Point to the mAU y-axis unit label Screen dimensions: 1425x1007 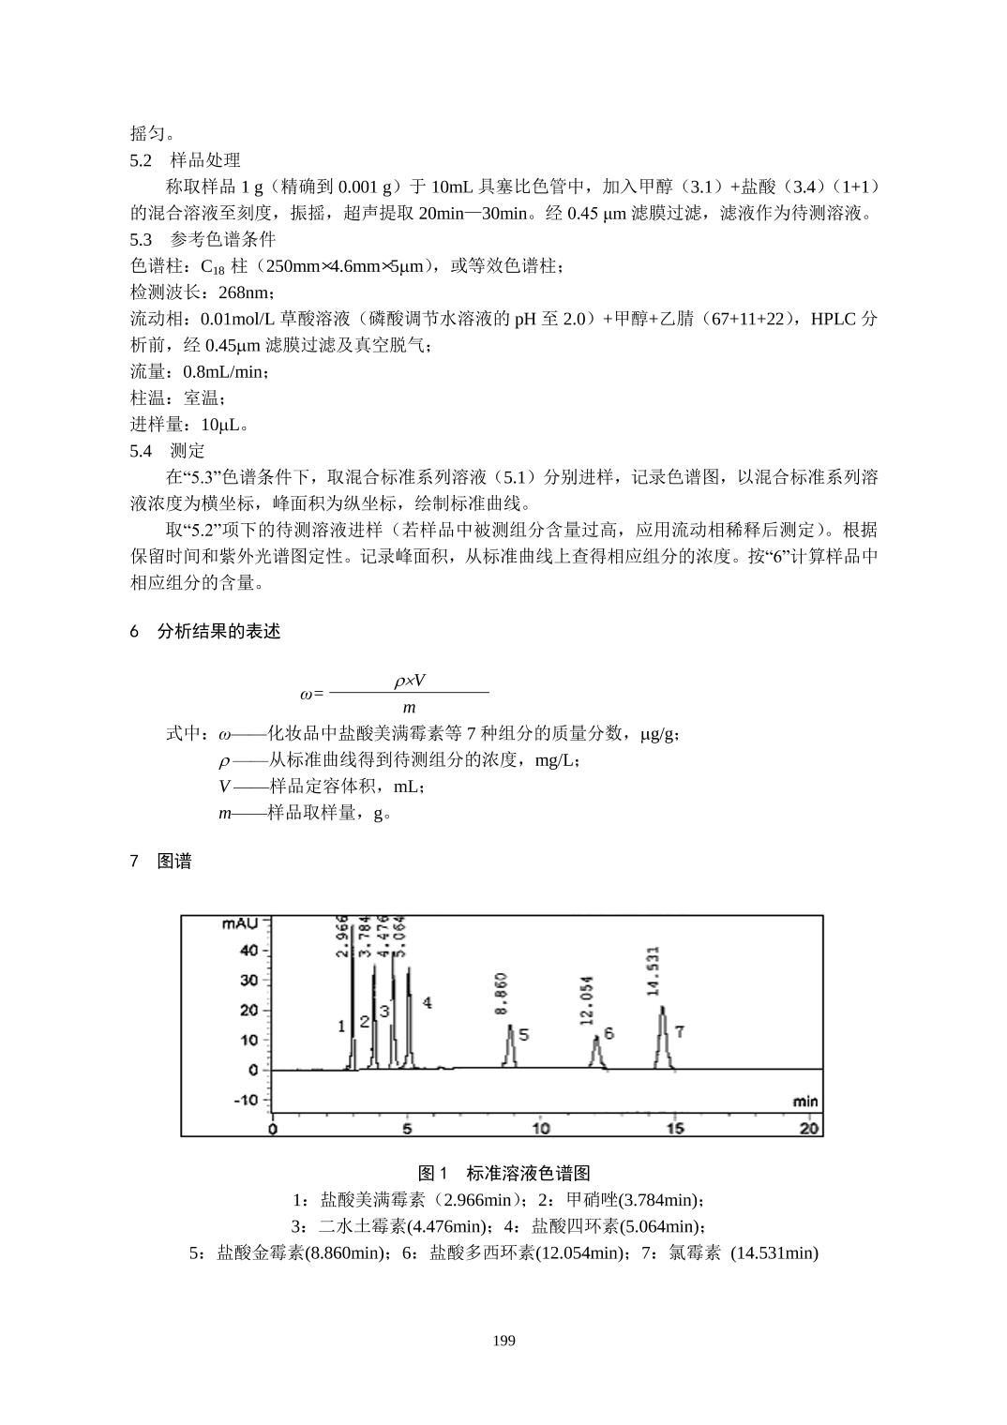click(x=240, y=924)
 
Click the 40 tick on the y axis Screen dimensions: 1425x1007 click(x=248, y=951)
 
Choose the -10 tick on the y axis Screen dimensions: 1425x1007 click(x=245, y=1100)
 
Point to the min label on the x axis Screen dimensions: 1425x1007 click(x=804, y=1102)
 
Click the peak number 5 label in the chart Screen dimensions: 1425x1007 click(x=524, y=1035)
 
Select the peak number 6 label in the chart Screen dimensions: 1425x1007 click(x=609, y=1033)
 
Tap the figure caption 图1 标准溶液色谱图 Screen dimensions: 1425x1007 click(x=503, y=1174)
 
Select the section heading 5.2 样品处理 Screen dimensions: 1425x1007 click(x=186, y=160)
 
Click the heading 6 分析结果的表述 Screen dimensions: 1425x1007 click(x=205, y=632)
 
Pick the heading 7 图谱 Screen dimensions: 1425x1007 click(x=160, y=862)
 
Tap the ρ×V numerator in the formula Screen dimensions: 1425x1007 click(x=410, y=682)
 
